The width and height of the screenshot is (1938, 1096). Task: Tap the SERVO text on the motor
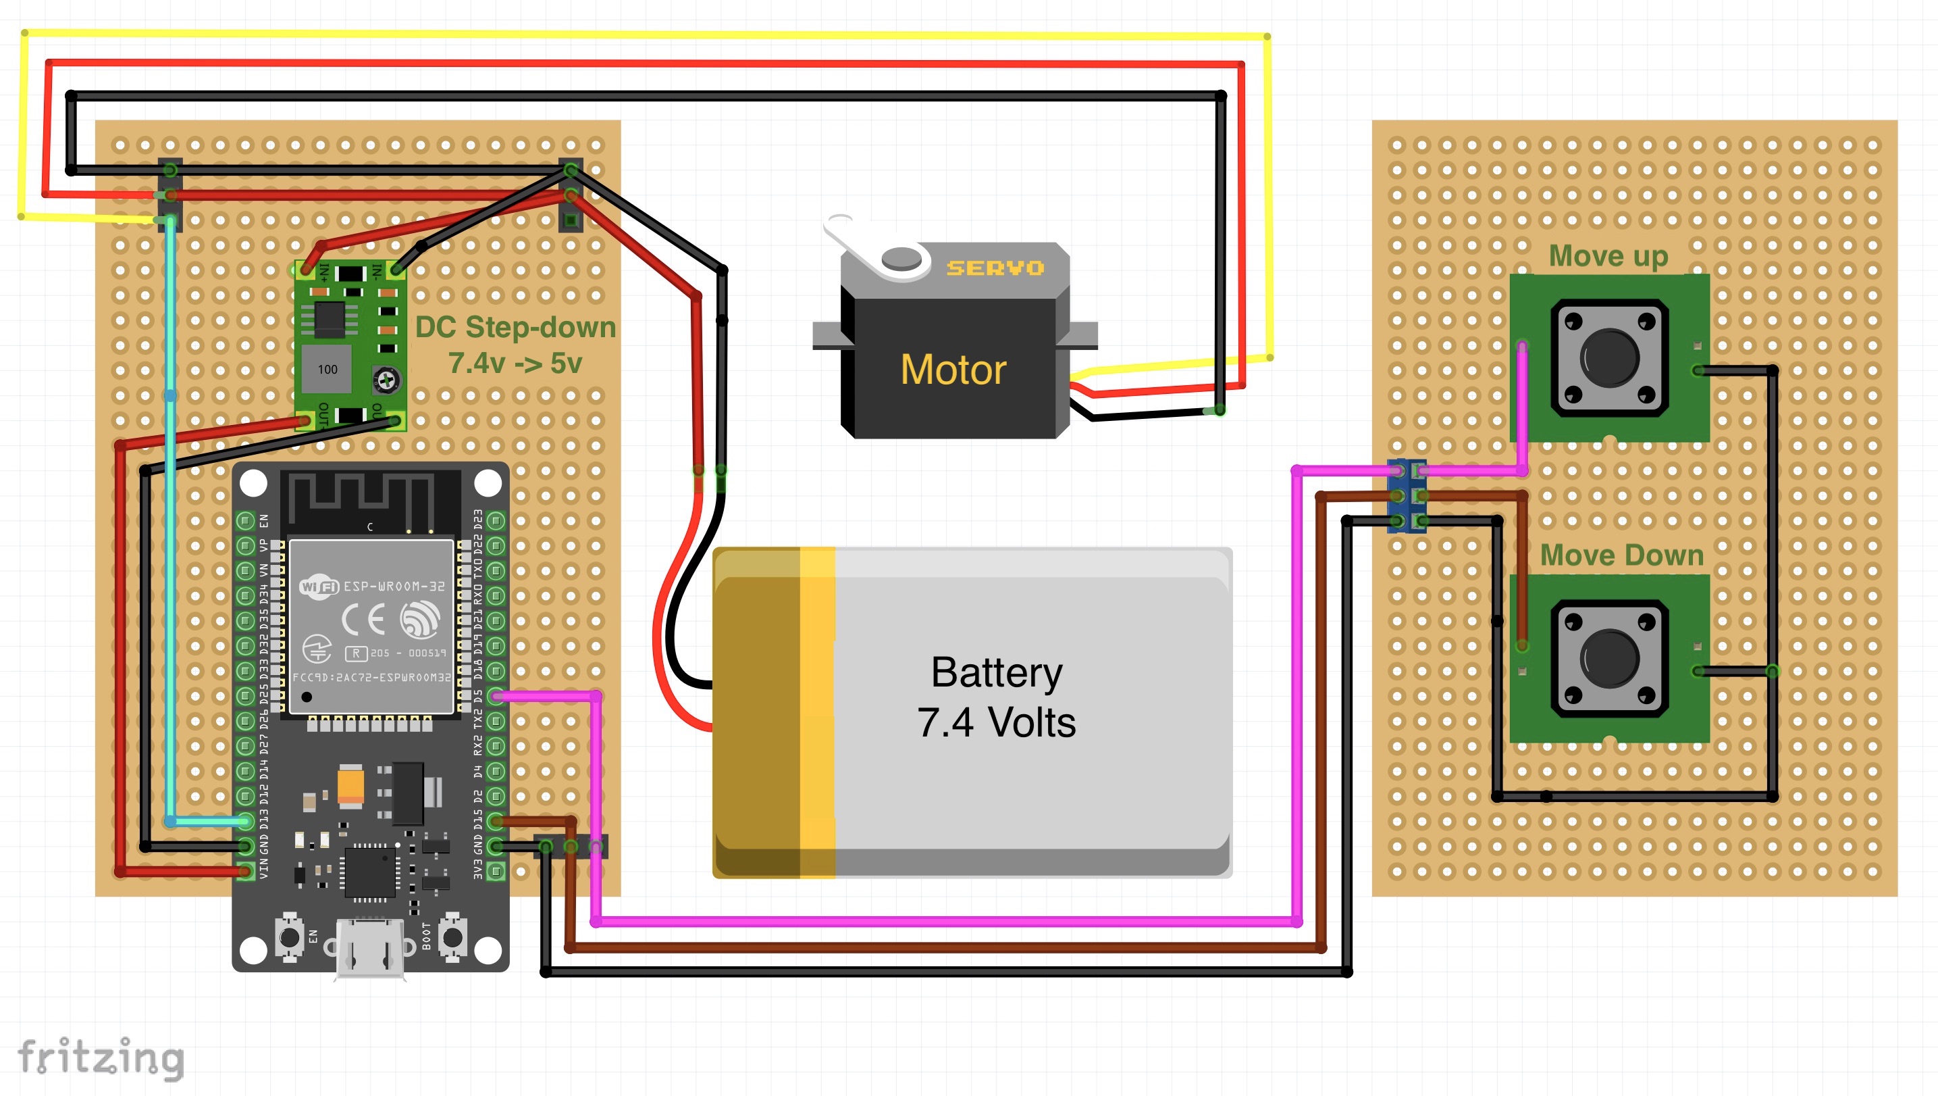995,268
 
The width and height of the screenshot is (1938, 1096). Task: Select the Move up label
1608,256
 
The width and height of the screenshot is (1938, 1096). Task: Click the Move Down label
1621,555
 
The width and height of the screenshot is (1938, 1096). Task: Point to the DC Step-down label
515,328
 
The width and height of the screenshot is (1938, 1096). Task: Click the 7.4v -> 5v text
515,364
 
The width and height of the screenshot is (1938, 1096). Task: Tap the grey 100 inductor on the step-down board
328,370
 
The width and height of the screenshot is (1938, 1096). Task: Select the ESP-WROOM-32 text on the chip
394,586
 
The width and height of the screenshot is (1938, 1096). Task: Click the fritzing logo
101,1057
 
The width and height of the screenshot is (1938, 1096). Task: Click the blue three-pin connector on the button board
1407,496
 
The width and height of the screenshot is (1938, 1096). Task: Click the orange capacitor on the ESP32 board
350,785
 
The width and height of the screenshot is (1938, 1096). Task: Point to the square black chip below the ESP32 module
370,872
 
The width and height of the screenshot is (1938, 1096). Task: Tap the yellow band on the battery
817,712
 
